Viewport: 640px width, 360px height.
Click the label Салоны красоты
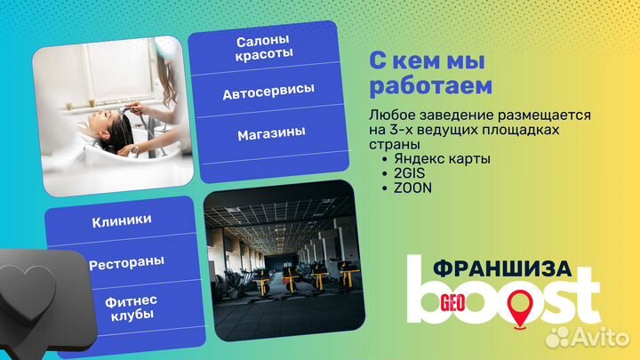tap(265, 49)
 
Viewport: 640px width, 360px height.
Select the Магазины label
tap(271, 133)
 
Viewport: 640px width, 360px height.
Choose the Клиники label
tap(122, 219)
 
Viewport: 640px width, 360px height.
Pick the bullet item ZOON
tap(403, 188)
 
